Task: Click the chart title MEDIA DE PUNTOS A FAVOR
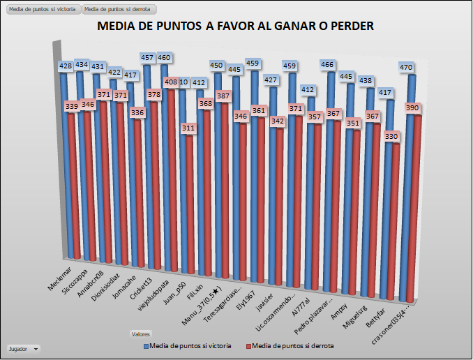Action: pyautogui.click(x=235, y=27)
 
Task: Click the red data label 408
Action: pyautogui.click(x=170, y=82)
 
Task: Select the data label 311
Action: pyautogui.click(x=187, y=128)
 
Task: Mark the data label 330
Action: pyautogui.click(x=393, y=136)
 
